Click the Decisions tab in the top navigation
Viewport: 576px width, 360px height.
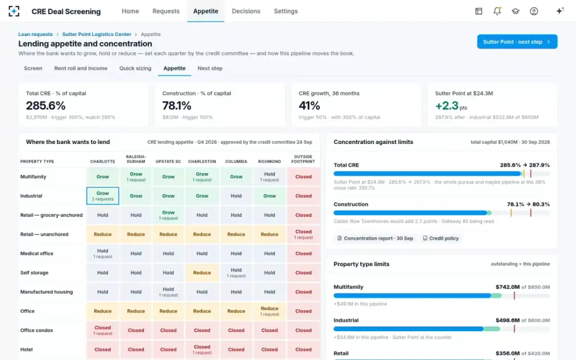(246, 11)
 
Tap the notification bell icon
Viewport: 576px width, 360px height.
(497, 11)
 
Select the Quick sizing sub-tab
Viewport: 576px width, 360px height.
(135, 68)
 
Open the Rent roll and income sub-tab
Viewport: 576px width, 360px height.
(81, 68)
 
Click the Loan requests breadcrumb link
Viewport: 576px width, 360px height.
(35, 34)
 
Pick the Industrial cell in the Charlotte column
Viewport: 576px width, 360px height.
(103, 196)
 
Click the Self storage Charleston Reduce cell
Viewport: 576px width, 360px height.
(202, 273)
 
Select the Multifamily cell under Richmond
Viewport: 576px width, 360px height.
(269, 177)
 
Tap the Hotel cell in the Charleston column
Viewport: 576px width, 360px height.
(202, 349)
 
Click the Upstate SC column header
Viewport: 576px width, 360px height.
(168, 161)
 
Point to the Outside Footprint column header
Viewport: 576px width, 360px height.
(303, 159)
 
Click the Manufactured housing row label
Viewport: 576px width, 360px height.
(47, 292)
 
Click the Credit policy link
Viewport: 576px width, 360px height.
(441, 239)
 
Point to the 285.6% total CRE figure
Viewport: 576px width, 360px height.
(46, 106)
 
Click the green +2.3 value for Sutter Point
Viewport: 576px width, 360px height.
(447, 106)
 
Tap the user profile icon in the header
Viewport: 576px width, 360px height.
(534, 11)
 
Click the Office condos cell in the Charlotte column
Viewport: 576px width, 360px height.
(103, 330)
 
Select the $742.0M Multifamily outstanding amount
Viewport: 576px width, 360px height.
(508, 287)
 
